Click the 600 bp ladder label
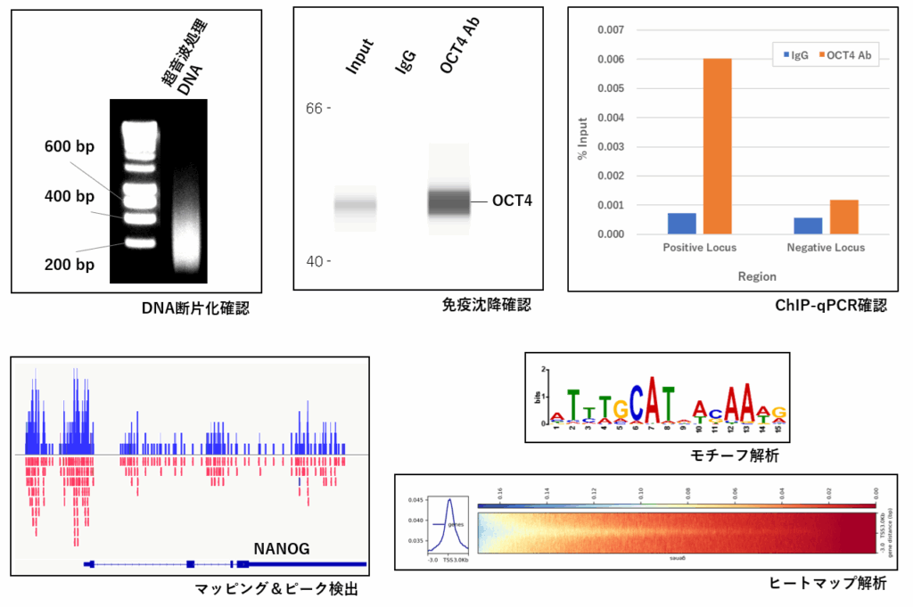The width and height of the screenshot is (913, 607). tap(70, 147)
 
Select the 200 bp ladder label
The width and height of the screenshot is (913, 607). tap(70, 265)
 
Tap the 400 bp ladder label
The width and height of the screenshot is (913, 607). tap(70, 196)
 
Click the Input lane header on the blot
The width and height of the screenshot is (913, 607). tap(358, 57)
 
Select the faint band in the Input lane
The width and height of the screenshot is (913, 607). tap(355, 205)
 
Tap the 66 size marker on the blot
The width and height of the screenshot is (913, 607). tap(312, 108)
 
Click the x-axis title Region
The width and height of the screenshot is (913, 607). tap(756, 276)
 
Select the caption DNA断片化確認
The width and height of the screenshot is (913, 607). tap(195, 309)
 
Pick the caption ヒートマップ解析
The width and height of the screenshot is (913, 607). tap(827, 584)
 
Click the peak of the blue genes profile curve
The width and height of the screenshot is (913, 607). tap(451, 500)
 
